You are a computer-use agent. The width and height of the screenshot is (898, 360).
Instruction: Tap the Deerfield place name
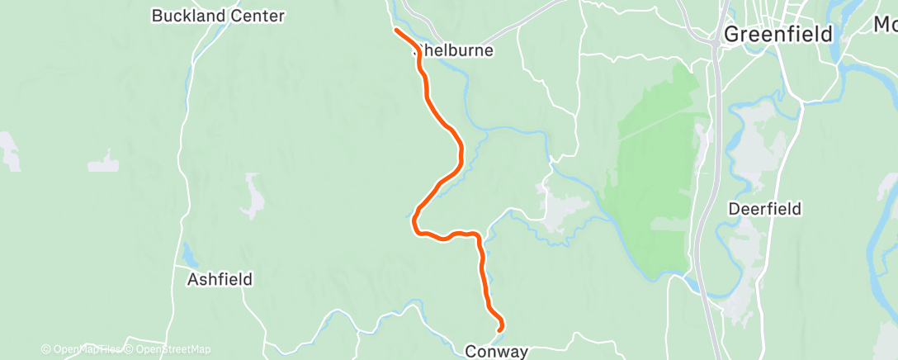point(764,209)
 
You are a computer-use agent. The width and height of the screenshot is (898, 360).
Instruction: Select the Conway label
point(496,351)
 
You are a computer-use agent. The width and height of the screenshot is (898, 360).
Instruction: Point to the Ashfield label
point(220,279)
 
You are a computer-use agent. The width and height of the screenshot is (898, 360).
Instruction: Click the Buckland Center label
point(218,16)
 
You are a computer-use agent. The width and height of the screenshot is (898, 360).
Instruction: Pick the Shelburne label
point(456,50)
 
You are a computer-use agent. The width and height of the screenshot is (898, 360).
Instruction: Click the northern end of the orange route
point(397,30)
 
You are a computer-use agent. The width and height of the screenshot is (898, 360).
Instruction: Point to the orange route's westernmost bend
point(415,221)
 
